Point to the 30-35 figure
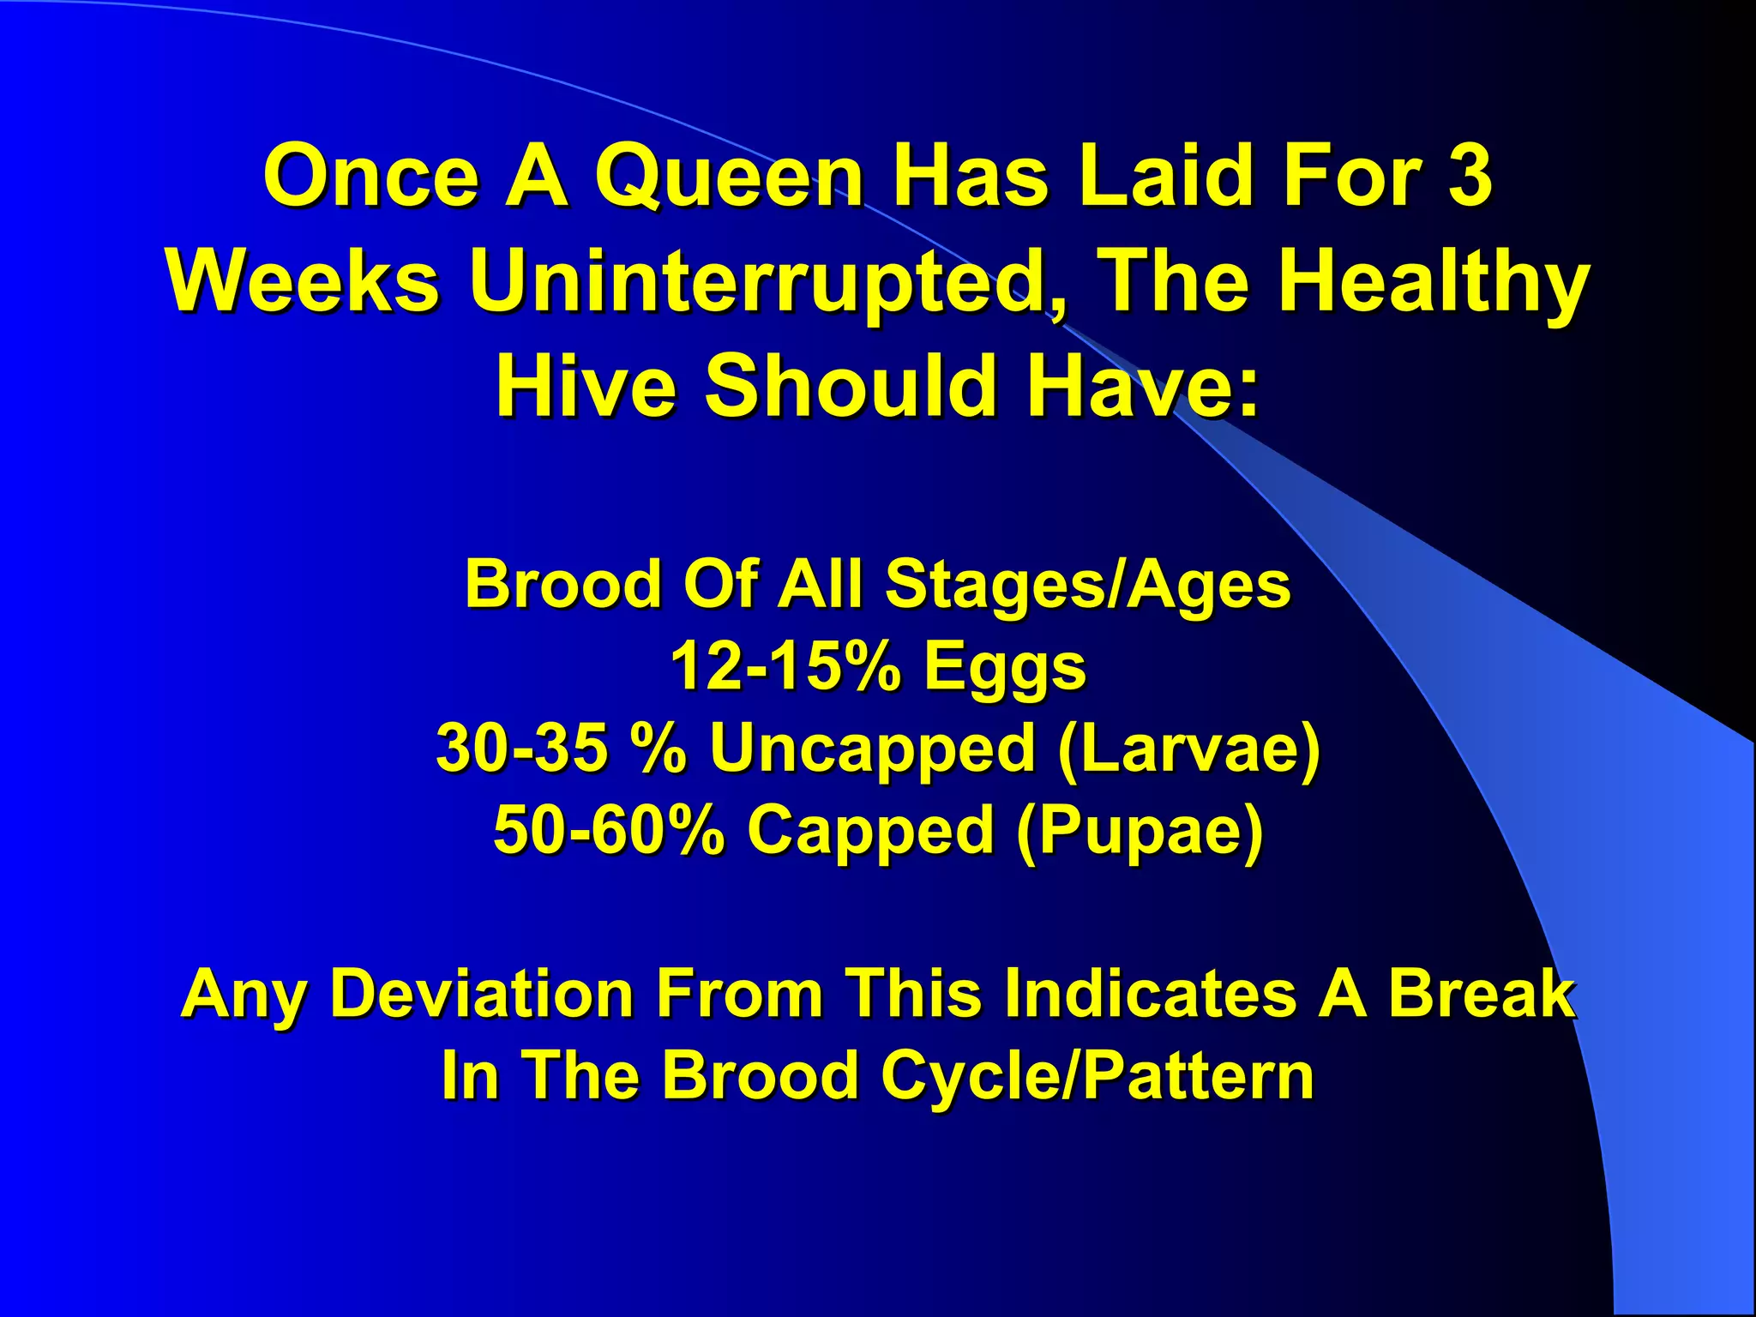[522, 749]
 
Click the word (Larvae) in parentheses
[1189, 749]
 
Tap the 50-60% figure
[609, 830]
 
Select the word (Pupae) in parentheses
[1140, 830]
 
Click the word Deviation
[481, 994]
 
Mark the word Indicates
[1149, 994]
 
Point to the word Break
[1482, 994]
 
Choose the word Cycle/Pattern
[1097, 1075]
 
